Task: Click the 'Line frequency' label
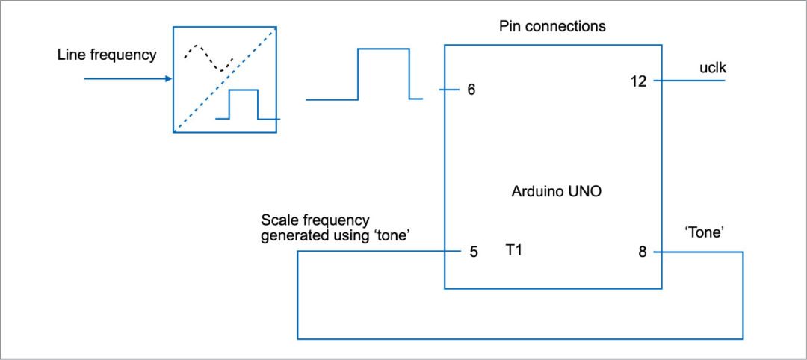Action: coord(107,55)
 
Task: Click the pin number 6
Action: coord(471,90)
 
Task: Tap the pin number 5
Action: coord(473,252)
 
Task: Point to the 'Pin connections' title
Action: coord(552,26)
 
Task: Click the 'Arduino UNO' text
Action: coord(557,191)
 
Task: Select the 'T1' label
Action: coord(513,250)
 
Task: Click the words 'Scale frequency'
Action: coord(315,220)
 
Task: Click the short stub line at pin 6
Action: coord(447,90)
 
